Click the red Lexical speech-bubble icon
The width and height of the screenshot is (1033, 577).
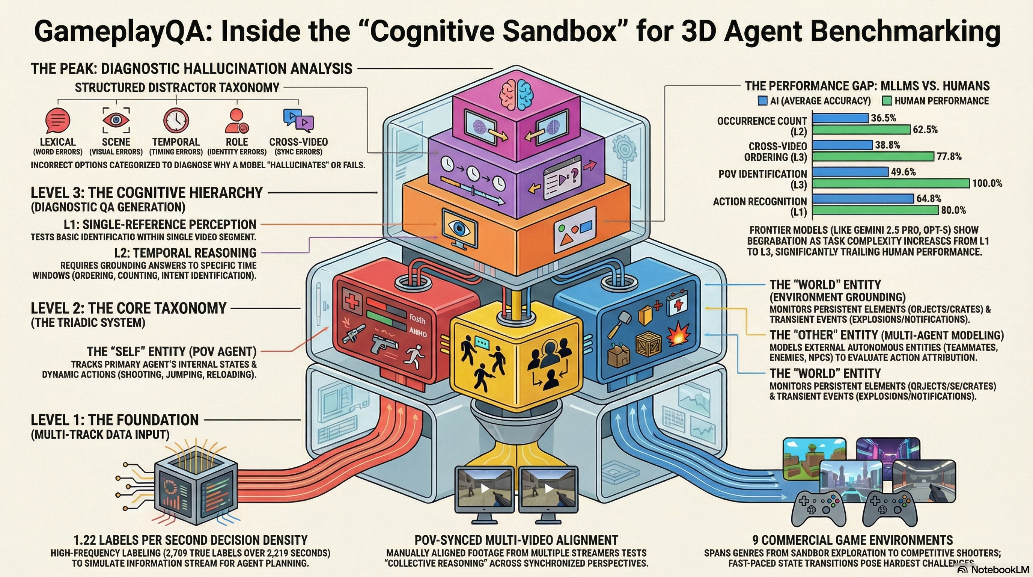click(x=58, y=120)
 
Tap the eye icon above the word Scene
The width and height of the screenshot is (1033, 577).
click(x=116, y=120)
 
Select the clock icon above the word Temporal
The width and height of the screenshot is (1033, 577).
click(x=176, y=120)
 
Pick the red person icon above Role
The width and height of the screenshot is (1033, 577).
click(x=236, y=120)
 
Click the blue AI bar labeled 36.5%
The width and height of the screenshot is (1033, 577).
click(x=840, y=118)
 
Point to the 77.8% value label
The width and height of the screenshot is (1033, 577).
click(x=949, y=157)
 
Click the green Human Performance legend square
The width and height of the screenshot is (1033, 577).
click(x=887, y=101)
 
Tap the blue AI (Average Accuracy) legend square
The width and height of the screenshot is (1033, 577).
click(x=762, y=101)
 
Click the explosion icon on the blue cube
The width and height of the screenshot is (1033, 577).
click(x=679, y=334)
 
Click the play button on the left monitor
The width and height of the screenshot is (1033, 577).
click(x=485, y=488)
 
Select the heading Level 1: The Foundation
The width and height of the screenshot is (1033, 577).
click(x=115, y=420)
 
